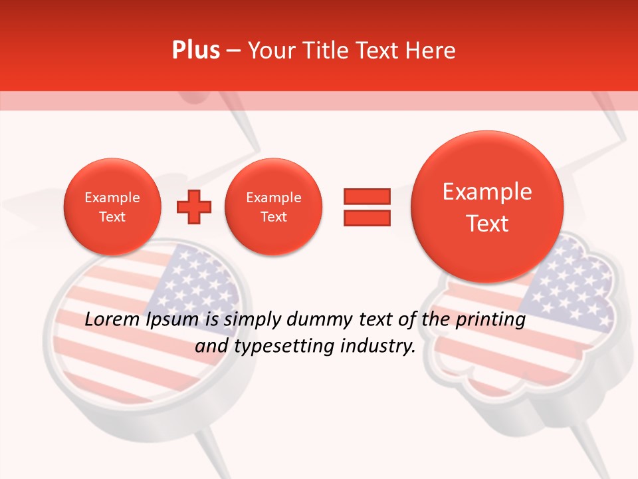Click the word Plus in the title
196,51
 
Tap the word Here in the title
431,51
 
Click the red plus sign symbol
193,207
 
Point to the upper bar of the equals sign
366,196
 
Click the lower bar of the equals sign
366,218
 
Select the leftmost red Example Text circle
112,207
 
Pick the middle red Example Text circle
274,207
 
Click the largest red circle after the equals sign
487,207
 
